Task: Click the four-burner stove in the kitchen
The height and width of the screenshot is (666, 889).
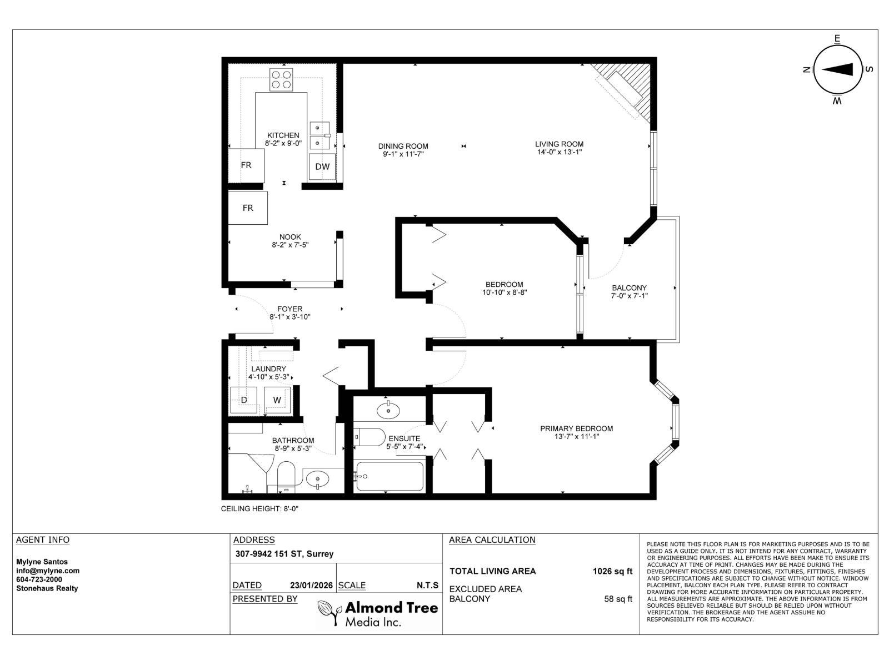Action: (x=282, y=79)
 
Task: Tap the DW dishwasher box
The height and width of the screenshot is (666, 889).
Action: (x=322, y=167)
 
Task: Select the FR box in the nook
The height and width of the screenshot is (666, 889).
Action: (x=248, y=208)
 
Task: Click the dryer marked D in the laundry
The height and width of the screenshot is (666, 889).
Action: (x=244, y=400)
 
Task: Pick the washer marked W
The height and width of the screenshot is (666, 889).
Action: (x=277, y=400)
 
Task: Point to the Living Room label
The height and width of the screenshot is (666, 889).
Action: (x=559, y=144)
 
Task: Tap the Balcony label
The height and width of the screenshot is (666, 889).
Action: (x=629, y=288)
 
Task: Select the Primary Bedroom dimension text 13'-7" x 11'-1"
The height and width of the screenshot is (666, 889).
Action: (x=576, y=437)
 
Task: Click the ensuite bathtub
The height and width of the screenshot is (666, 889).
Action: (x=389, y=477)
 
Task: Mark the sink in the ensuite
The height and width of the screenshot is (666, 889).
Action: (x=388, y=411)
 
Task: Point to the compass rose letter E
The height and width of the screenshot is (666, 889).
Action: (x=837, y=38)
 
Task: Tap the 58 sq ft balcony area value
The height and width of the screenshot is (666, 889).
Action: (x=618, y=599)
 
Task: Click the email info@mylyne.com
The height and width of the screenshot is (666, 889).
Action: (x=48, y=571)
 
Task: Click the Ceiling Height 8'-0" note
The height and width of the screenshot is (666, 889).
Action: (x=260, y=508)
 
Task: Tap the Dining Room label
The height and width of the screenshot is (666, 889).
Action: (x=403, y=147)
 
